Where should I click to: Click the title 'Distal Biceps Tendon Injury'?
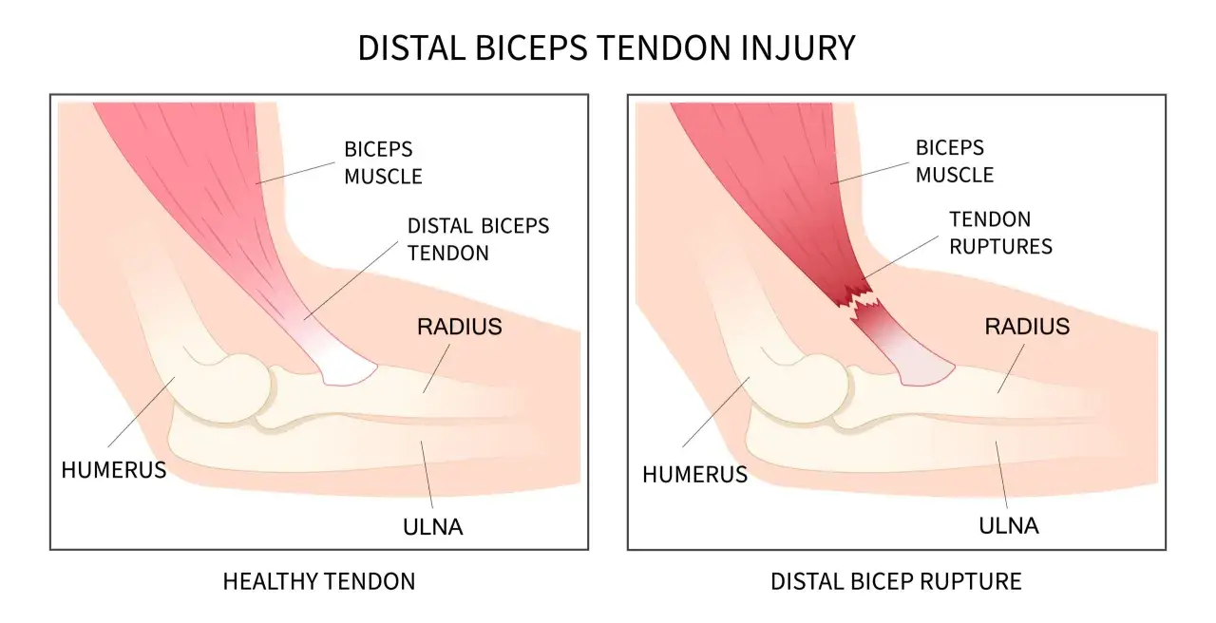[x=606, y=47]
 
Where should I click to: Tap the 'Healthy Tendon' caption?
[x=319, y=582]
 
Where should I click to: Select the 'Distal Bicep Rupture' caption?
[x=896, y=582]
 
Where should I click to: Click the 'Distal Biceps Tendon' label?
[x=478, y=239]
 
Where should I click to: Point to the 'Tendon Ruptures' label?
[x=1000, y=233]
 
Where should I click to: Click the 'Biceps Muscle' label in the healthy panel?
[x=383, y=162]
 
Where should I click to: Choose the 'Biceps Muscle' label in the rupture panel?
[x=955, y=161]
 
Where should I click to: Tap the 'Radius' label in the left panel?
[x=459, y=327]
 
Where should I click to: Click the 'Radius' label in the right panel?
[x=1027, y=327]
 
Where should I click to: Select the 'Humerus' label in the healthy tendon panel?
[x=114, y=470]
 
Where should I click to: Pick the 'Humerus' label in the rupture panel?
[x=694, y=475]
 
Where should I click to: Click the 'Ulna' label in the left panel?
[x=432, y=527]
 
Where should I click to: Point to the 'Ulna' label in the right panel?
[x=1009, y=526]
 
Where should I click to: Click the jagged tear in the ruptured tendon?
[x=858, y=302]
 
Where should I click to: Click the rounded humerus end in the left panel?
[x=238, y=388]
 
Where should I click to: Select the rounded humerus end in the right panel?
[x=816, y=388]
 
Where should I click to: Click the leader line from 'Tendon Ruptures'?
[x=900, y=257]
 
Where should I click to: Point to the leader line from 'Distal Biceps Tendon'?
[x=351, y=280]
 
